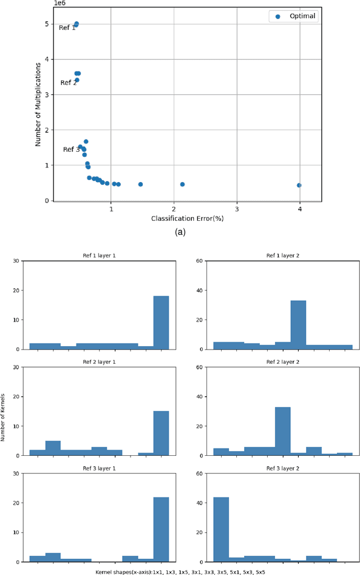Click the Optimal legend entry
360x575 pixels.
(x=293, y=16)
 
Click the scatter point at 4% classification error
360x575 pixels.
(x=299, y=185)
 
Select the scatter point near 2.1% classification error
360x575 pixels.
(x=182, y=184)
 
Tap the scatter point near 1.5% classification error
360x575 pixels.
(x=141, y=184)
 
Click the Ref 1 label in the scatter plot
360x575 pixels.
(x=67, y=28)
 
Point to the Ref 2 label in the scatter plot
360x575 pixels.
(x=69, y=83)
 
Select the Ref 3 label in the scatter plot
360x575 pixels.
(x=71, y=150)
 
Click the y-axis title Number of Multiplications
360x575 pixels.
(x=38, y=105)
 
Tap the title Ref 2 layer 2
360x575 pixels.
(x=283, y=361)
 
